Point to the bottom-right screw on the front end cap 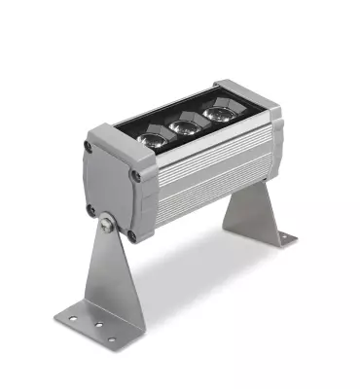tap(131, 234)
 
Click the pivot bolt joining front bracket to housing tap(106, 226)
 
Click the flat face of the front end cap tap(109, 190)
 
